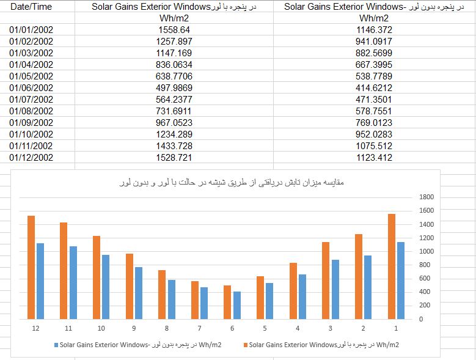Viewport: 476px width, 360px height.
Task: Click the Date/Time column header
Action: (x=31, y=7)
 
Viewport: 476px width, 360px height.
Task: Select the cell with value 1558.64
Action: (x=174, y=30)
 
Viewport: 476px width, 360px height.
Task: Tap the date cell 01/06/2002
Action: (x=31, y=88)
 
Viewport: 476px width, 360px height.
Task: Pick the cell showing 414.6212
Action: (x=374, y=88)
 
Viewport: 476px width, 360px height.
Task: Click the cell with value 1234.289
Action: (x=174, y=134)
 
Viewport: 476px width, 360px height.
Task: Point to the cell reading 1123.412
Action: (x=374, y=157)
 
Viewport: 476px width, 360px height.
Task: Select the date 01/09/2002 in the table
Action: (x=31, y=123)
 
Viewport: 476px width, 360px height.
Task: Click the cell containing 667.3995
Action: (x=374, y=65)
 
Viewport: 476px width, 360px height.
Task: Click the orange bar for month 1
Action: (x=392, y=266)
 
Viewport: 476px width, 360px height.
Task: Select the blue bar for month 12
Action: (x=40, y=281)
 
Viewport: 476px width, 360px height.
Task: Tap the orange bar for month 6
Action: (x=227, y=303)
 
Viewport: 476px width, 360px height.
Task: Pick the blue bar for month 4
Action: (x=302, y=297)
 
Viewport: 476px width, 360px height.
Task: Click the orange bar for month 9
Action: (x=130, y=286)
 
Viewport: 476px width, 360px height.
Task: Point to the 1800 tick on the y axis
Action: (x=427, y=197)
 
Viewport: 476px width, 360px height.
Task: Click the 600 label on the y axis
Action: (x=425, y=278)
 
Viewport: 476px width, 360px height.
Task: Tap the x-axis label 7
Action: (x=199, y=328)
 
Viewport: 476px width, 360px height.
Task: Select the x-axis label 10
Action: (x=101, y=328)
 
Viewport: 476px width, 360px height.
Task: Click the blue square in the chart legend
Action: (x=56, y=345)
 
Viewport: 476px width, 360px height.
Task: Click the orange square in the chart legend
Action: (x=246, y=345)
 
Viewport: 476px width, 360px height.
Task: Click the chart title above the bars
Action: (x=232, y=182)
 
